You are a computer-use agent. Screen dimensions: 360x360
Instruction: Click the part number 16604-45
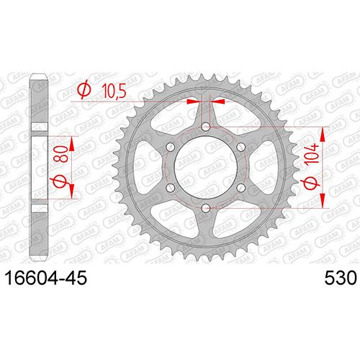[46, 278]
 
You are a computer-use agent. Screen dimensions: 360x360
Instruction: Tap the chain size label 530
[341, 278]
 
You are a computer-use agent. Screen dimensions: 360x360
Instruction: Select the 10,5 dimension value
[114, 91]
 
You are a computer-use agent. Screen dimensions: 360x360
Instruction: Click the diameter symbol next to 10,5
[84, 89]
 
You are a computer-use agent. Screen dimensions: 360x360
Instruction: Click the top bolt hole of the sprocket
[205, 127]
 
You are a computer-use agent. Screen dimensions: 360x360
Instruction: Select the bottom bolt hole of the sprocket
[205, 208]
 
